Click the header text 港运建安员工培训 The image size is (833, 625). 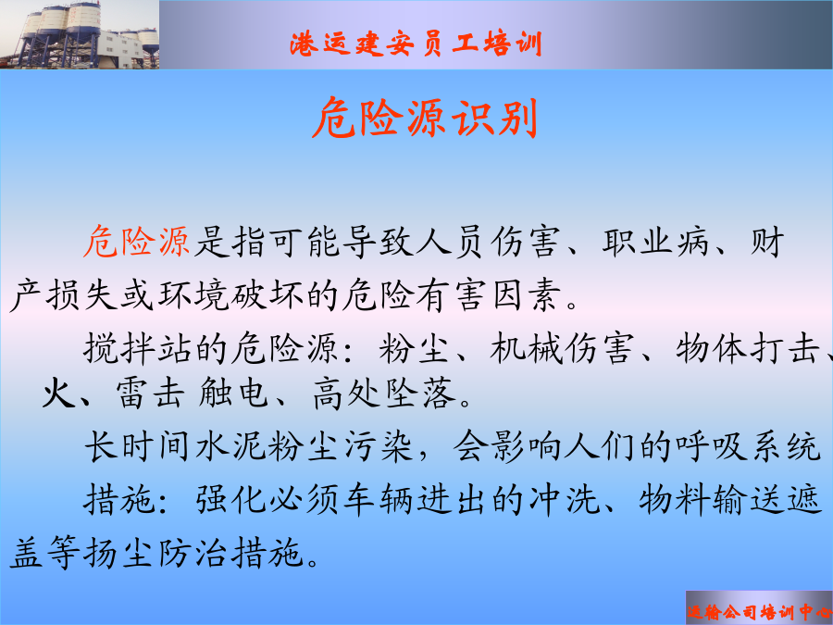coord(416,43)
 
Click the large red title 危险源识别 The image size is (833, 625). coord(425,118)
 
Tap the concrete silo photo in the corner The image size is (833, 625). coord(80,34)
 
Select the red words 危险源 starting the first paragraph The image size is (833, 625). coord(137,242)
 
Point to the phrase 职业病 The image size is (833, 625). coord(655,242)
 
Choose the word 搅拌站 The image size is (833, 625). coord(137,348)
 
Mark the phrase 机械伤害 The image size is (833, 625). coord(562,348)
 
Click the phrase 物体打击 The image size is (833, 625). coord(748,348)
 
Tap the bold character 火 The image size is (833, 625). coord(59,393)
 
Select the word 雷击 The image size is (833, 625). coord(150,393)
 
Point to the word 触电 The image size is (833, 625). coord(233,393)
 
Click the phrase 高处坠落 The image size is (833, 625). coord(384,393)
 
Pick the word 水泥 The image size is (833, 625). coord(230,445)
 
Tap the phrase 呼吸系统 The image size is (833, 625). coord(748,445)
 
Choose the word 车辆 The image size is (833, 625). coord(378,499)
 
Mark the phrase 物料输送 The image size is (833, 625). coord(712,499)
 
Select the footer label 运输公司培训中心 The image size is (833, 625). coord(759,612)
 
